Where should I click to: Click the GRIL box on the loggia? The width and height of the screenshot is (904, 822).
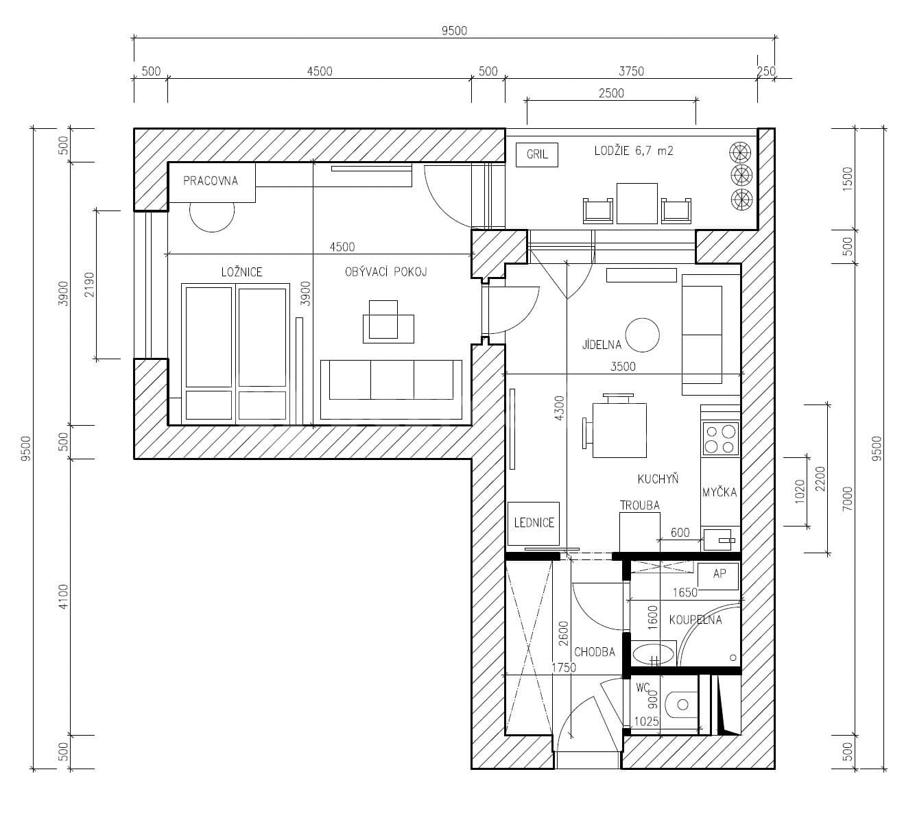coord(537,155)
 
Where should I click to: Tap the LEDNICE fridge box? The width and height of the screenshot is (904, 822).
coord(534,523)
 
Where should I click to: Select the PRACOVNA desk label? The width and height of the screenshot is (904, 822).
coord(211,182)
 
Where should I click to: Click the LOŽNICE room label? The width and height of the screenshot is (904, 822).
coord(241,272)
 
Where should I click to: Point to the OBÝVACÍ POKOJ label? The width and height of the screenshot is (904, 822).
coord(385,272)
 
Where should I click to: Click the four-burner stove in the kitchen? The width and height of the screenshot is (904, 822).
coord(720,439)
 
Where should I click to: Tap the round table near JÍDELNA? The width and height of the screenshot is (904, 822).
coord(643,335)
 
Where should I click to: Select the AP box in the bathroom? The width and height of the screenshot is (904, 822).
coord(718,575)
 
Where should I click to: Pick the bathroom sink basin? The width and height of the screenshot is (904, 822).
coord(653,655)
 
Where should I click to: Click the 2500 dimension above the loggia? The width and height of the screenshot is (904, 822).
coord(611,93)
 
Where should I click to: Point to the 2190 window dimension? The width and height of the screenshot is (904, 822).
coord(88,283)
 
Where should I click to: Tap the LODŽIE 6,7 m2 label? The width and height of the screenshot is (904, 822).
coord(633,151)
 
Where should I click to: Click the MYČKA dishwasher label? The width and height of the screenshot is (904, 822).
coord(719,492)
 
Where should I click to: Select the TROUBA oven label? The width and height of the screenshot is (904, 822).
coord(639,506)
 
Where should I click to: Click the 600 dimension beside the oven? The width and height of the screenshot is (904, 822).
coord(680,533)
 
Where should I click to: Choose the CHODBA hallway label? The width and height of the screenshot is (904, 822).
coord(594,652)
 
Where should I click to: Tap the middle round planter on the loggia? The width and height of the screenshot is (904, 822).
coord(741,175)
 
